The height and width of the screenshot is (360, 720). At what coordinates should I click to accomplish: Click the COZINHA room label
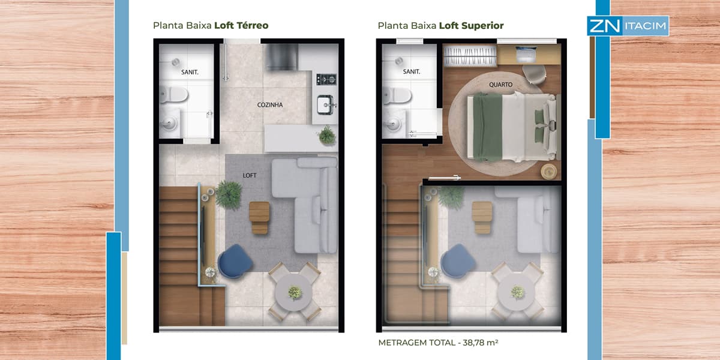point(270,105)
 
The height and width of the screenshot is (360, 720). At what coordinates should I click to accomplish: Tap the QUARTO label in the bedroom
point(500,85)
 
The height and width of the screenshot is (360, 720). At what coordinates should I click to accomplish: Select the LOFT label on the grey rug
point(250,175)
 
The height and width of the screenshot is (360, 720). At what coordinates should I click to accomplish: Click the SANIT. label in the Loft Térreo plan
point(190,73)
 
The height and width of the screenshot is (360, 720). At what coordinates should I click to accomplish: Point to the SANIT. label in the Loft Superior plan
point(412,71)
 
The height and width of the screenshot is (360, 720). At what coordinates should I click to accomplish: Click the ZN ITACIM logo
point(628,26)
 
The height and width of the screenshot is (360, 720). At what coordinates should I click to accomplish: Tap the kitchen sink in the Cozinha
point(326,105)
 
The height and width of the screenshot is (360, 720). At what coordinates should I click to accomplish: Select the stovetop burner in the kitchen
point(326,79)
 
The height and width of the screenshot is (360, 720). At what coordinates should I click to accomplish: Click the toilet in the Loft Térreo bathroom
point(173,95)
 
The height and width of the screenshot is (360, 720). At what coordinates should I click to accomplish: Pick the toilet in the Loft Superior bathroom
point(397,95)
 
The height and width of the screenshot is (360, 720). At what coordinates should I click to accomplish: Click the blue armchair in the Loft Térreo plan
point(235,261)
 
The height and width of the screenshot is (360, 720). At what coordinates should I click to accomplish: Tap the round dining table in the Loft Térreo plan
point(293,292)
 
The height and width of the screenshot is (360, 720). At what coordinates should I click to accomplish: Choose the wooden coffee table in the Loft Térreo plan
point(259,217)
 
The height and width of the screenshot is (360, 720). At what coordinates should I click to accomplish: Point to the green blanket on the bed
point(488,127)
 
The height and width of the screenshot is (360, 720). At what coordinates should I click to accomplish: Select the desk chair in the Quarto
point(534,74)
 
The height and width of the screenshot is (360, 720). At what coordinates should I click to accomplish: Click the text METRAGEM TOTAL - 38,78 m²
point(438,343)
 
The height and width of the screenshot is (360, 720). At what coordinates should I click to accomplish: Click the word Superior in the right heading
point(482,26)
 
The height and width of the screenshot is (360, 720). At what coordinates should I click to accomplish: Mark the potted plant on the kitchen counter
point(327,136)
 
